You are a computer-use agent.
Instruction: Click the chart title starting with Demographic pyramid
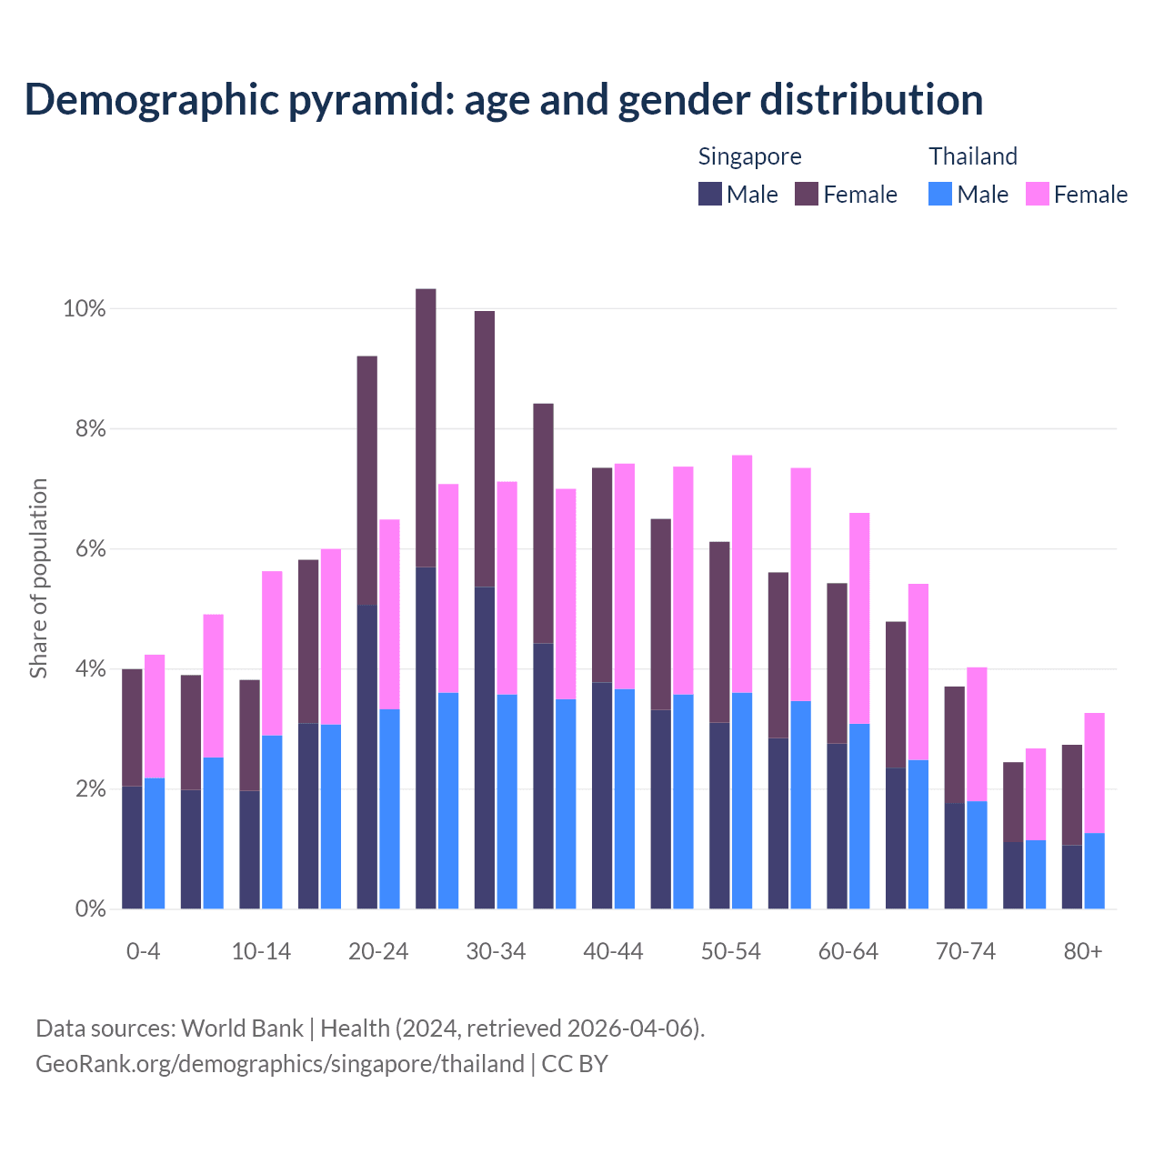504,99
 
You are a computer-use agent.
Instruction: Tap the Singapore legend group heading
749,156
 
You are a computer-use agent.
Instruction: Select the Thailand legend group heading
972,156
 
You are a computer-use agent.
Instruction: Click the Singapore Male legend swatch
709,194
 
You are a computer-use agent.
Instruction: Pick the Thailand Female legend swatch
1037,194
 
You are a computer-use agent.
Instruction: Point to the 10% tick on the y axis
84,308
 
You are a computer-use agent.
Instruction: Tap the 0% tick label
89,908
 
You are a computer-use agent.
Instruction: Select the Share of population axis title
38,578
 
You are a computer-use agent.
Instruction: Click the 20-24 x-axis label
378,951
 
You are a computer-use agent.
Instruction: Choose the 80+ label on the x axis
1082,951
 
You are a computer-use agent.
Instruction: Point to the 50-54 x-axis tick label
730,951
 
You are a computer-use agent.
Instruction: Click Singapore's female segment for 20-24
366,480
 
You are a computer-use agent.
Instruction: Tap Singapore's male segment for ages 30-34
485,748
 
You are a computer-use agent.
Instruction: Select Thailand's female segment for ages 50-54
742,573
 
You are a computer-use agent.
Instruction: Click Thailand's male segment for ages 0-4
155,843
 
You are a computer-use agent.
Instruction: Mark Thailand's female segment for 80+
1094,773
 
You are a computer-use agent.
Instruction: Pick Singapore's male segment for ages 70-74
954,856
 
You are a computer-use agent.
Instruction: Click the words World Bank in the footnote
242,1029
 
